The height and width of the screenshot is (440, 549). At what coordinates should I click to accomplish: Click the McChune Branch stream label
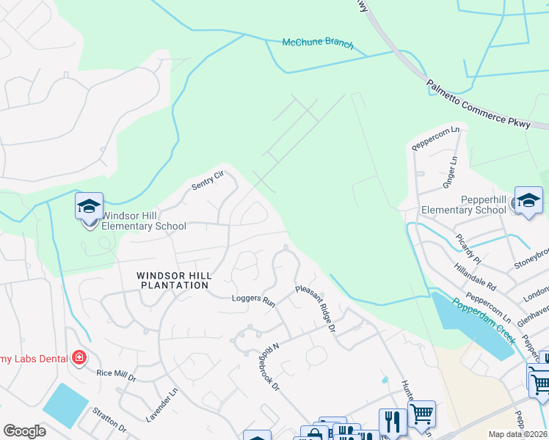click(x=318, y=44)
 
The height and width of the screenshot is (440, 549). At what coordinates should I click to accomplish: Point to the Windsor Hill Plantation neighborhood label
click(x=174, y=280)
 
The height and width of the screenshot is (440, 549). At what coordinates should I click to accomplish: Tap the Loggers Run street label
click(x=252, y=301)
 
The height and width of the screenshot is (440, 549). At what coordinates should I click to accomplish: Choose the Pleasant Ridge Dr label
click(x=316, y=309)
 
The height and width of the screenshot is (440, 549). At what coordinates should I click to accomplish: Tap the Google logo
click(x=25, y=431)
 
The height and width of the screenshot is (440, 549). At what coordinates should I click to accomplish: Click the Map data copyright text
click(x=518, y=433)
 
